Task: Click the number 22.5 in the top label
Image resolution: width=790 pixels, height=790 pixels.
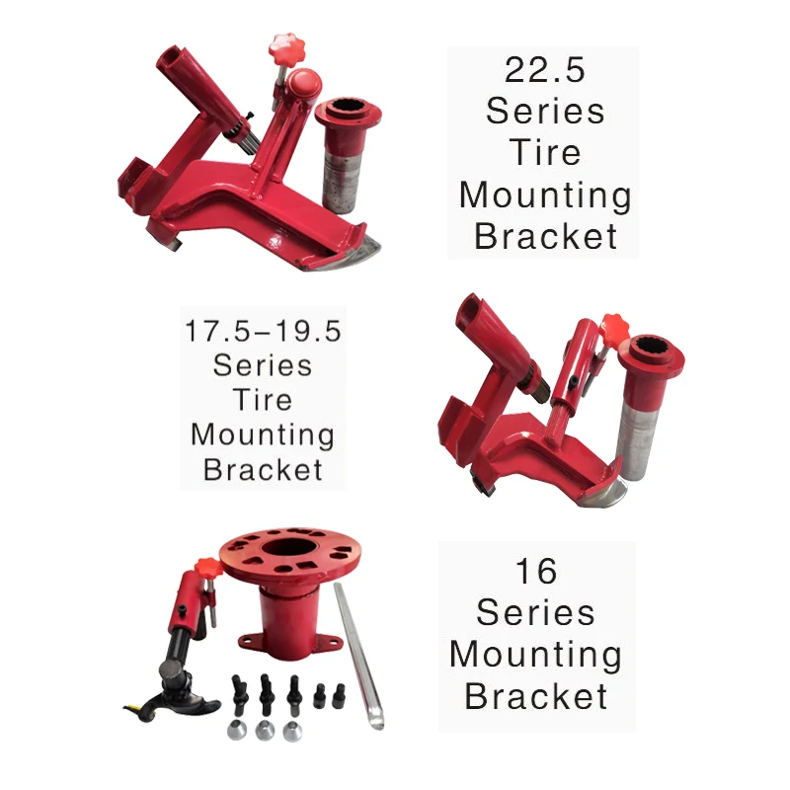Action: [x=544, y=69]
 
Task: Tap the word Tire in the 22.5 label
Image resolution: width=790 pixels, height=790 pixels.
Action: [x=544, y=153]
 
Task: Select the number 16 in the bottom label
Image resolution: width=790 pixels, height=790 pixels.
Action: [x=535, y=570]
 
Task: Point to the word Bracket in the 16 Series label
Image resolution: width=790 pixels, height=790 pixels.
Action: [x=535, y=696]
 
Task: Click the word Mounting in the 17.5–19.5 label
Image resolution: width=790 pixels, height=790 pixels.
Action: [x=263, y=434]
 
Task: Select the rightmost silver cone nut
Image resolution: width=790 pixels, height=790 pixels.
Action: [x=291, y=732]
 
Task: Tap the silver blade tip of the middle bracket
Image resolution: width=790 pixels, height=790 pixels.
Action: [x=603, y=491]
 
